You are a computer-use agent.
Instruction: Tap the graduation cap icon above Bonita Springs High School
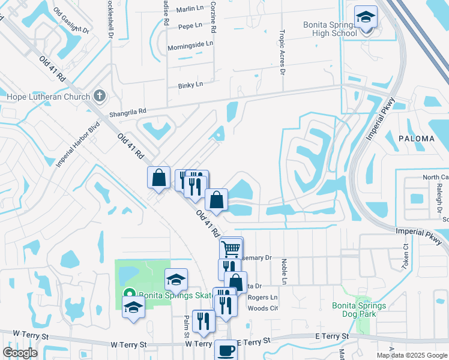click(364, 17)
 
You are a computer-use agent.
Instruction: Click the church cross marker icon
click(100, 96)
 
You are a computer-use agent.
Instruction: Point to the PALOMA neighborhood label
click(416, 139)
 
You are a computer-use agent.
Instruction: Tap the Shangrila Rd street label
click(127, 112)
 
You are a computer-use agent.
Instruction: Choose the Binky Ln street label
click(190, 85)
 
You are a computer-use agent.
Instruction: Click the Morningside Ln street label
click(190, 44)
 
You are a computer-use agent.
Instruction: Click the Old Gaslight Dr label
click(71, 21)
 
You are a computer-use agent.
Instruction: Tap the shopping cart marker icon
click(231, 248)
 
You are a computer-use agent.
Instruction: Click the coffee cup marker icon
click(226, 350)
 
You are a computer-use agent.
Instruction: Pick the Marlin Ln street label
click(190, 10)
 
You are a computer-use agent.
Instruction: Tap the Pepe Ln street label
click(190, 26)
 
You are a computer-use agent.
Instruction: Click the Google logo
click(20, 353)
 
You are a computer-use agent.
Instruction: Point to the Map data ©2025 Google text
click(411, 355)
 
